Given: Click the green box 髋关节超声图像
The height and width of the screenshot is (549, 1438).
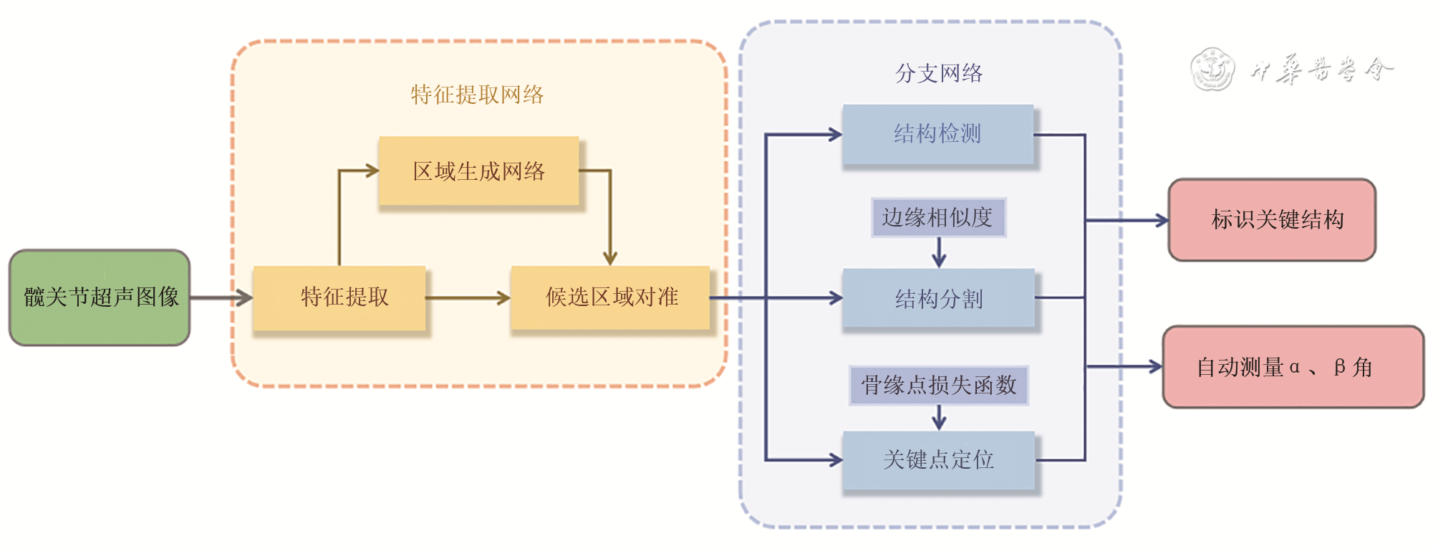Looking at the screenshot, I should click(100, 297).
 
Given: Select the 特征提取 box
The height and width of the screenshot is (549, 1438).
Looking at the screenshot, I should click(340, 297).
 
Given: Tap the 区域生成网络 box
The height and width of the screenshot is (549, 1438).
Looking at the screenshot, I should click(478, 171).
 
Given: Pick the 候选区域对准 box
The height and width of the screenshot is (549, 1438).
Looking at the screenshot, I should click(610, 297).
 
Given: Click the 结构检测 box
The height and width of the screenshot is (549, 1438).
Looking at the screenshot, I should click(937, 135).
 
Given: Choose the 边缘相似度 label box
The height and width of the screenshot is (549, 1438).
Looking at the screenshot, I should click(938, 217).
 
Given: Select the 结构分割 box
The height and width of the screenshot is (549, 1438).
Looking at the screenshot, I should click(938, 298).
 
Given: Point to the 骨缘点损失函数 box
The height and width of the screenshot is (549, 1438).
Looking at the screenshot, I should click(939, 386).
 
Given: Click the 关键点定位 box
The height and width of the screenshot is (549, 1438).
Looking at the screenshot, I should click(938, 460).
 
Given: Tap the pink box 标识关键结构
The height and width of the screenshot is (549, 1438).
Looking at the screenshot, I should click(1272, 220).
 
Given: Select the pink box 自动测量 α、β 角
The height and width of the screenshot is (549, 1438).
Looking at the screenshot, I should click(1293, 367).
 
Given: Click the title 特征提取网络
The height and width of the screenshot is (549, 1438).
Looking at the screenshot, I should click(477, 95).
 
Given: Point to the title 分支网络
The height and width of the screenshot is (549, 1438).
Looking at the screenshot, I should click(938, 73).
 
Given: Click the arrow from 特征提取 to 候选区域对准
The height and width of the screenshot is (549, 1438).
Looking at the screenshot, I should click(467, 297).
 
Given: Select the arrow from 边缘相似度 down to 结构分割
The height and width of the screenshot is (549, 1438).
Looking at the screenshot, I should click(939, 252).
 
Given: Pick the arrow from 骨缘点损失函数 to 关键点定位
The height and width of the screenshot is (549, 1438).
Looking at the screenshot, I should click(939, 417).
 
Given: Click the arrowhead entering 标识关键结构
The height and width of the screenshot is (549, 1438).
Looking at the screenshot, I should click(1161, 221).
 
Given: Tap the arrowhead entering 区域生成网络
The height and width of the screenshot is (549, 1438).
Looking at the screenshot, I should click(371, 171).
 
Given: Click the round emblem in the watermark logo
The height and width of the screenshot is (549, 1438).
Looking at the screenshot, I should click(1212, 70).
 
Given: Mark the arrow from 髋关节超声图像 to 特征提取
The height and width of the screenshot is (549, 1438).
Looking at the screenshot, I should click(221, 297).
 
